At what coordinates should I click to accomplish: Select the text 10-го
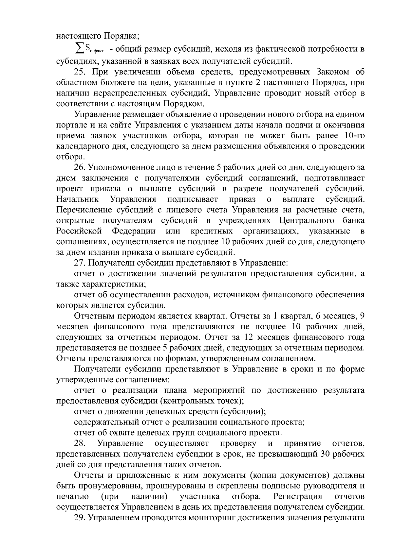352,136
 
